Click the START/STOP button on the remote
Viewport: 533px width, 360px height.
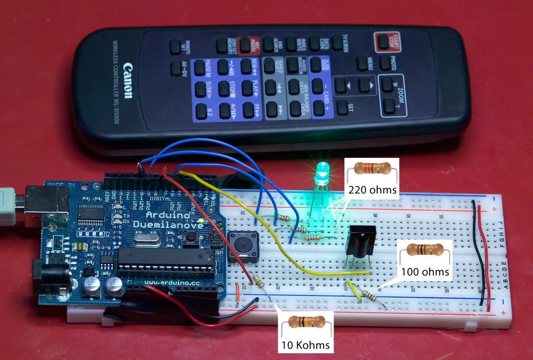coord(385,41)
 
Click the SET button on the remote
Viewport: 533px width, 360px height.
coord(342,108)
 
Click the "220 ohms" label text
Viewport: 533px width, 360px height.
coord(371,189)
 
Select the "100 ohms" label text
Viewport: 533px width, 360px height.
coord(425,271)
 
